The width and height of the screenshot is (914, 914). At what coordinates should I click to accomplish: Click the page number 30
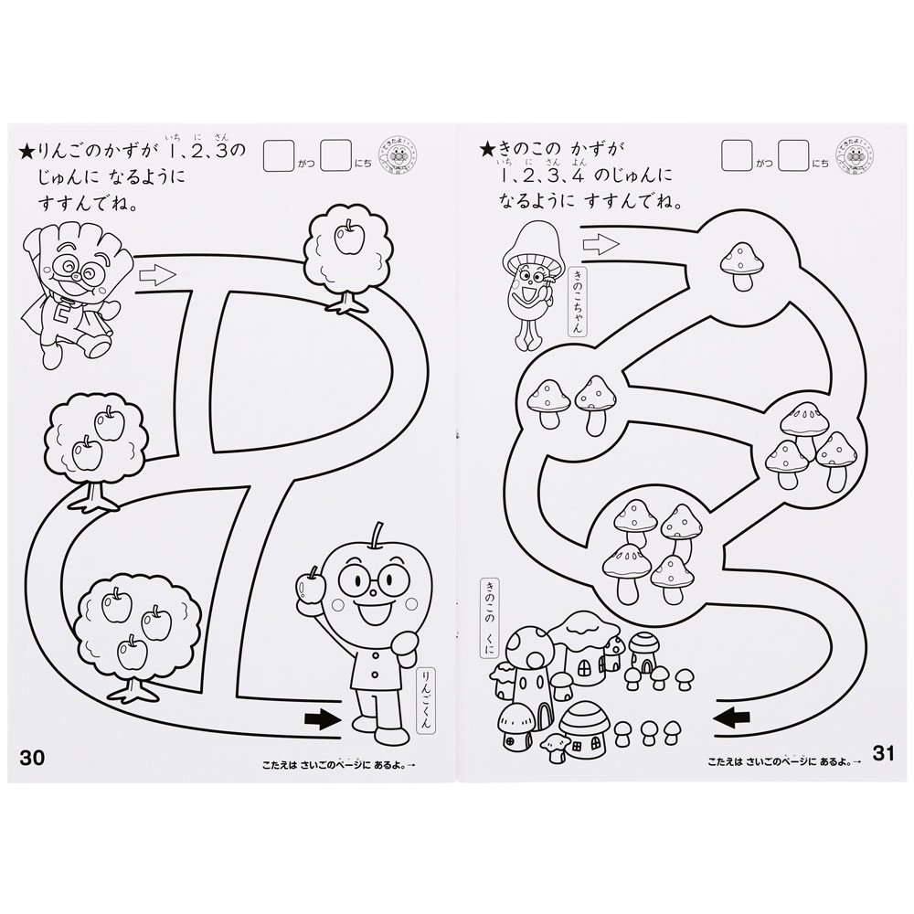point(31,757)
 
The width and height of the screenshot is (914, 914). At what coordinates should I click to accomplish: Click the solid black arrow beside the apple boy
point(319,720)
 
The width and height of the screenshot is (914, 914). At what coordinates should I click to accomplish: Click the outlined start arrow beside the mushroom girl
point(600,243)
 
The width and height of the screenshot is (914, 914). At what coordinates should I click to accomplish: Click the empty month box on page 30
point(278,155)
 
